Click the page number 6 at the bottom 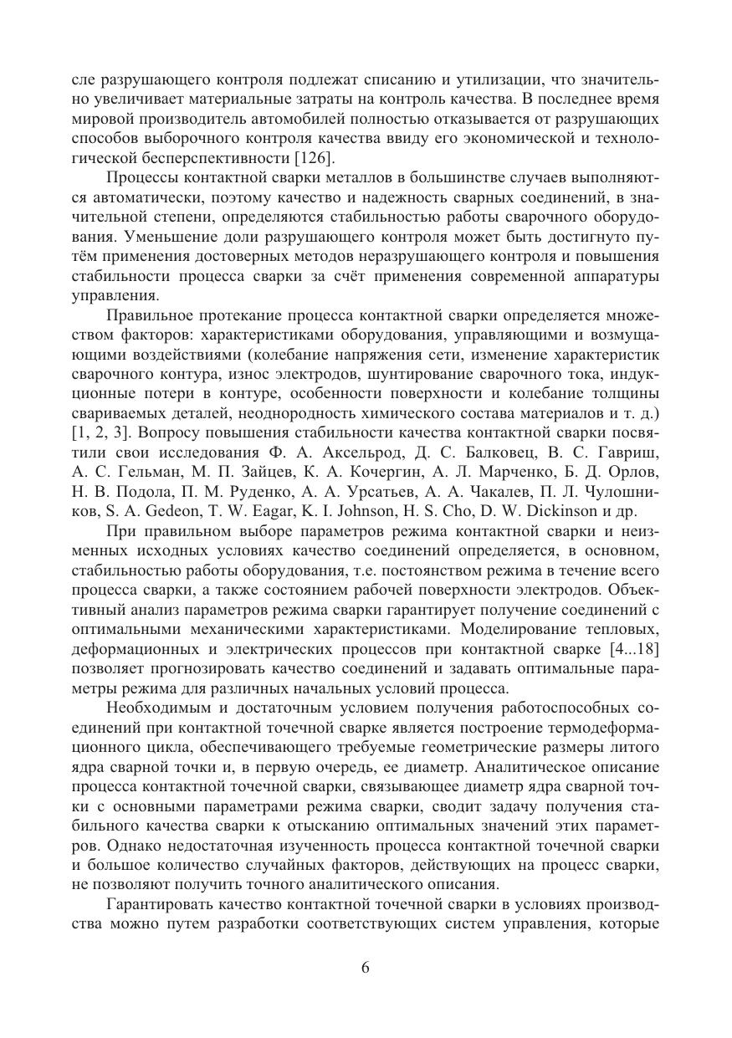pyautogui.click(x=366, y=968)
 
